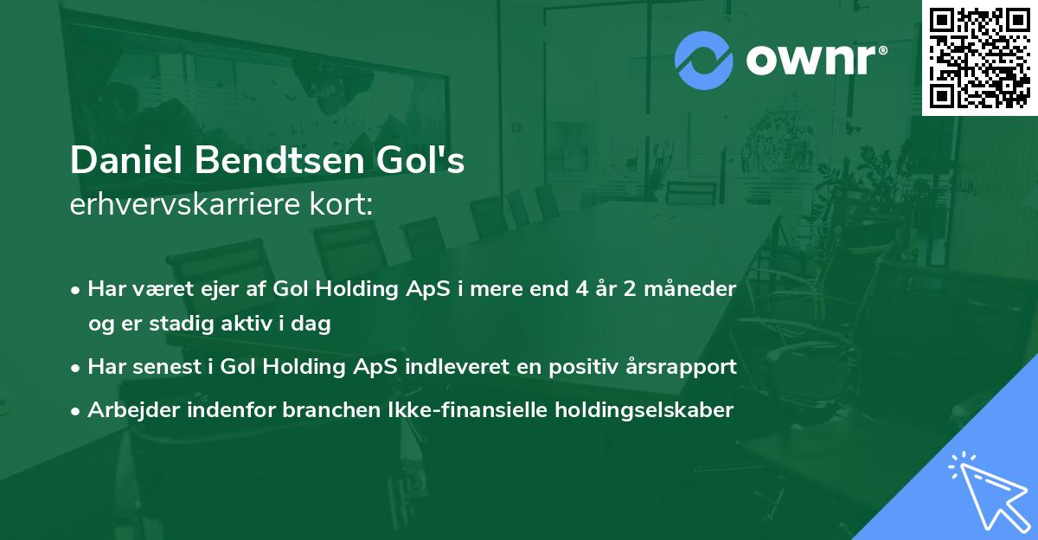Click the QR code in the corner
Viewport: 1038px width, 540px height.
tap(980, 58)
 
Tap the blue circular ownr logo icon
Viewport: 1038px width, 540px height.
tap(703, 61)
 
